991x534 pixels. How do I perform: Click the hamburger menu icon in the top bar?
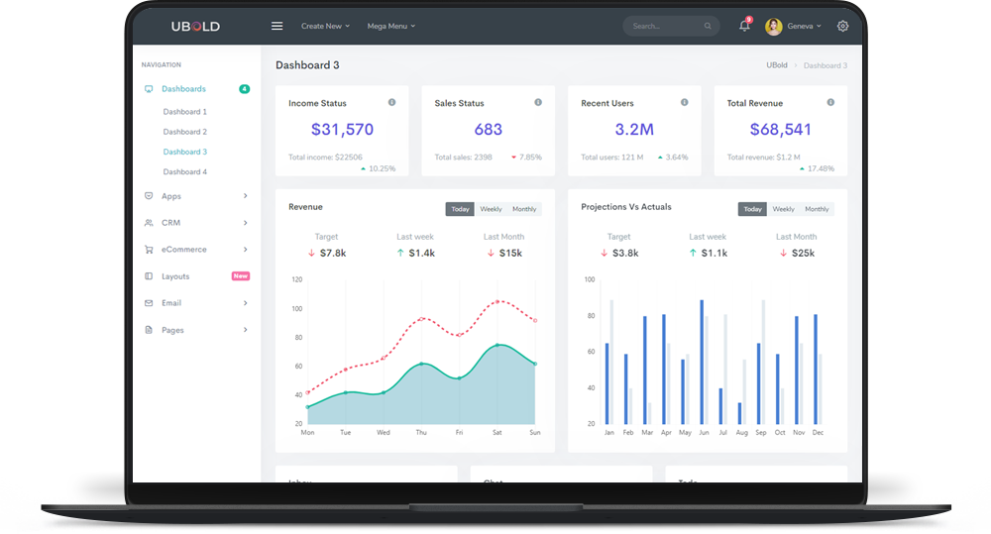click(277, 26)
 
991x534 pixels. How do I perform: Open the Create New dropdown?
click(325, 26)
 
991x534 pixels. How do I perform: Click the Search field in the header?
click(664, 26)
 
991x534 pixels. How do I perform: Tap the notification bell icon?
click(744, 26)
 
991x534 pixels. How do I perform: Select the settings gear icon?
click(842, 26)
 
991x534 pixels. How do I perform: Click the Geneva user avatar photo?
click(774, 27)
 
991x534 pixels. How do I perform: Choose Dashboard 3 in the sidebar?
click(185, 152)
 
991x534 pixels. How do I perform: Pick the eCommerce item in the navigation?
click(183, 250)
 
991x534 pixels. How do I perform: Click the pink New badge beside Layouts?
click(240, 276)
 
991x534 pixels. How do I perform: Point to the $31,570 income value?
click(342, 130)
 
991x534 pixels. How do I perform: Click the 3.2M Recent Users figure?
click(634, 130)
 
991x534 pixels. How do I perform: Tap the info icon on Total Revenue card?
click(830, 102)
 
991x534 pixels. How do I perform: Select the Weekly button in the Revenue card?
click(491, 209)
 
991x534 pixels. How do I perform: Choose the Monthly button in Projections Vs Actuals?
click(817, 209)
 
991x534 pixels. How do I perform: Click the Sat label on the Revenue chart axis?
click(496, 433)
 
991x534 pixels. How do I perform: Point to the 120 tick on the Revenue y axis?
click(296, 279)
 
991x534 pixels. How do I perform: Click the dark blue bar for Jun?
click(702, 362)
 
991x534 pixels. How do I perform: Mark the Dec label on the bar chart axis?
click(818, 433)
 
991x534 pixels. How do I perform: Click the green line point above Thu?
click(421, 365)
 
